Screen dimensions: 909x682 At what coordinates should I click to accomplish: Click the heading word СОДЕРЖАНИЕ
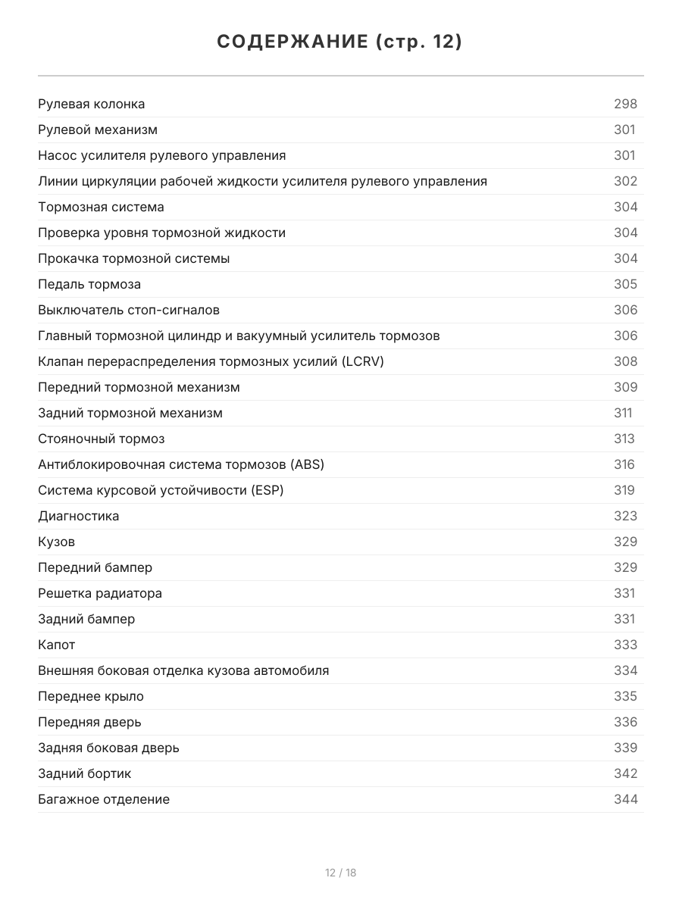pyautogui.click(x=292, y=42)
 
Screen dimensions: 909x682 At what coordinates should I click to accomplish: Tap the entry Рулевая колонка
pyautogui.click(x=91, y=104)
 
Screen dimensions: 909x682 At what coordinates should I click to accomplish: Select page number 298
pyautogui.click(x=625, y=104)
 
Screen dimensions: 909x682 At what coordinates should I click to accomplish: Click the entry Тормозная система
pyautogui.click(x=101, y=207)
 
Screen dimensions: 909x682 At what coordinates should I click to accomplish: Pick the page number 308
pyautogui.click(x=625, y=361)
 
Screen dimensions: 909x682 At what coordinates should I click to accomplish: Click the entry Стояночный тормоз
pyautogui.click(x=101, y=439)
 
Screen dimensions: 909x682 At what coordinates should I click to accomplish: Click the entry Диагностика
pyautogui.click(x=78, y=516)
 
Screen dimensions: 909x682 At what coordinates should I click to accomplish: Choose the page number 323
pyautogui.click(x=625, y=516)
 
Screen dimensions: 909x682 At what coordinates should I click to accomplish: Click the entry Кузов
pyautogui.click(x=56, y=542)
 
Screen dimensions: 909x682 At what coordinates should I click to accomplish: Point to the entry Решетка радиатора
pyautogui.click(x=99, y=593)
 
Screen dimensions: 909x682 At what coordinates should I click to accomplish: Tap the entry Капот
pyautogui.click(x=56, y=645)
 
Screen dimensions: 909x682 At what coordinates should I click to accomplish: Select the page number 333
pyautogui.click(x=625, y=645)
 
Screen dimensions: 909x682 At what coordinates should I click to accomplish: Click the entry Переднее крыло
pyautogui.click(x=90, y=696)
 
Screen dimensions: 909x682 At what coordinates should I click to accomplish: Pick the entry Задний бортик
pyautogui.click(x=84, y=773)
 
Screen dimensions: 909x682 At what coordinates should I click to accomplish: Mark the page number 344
pyautogui.click(x=625, y=799)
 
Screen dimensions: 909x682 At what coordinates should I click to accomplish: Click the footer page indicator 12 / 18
pyautogui.click(x=340, y=873)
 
